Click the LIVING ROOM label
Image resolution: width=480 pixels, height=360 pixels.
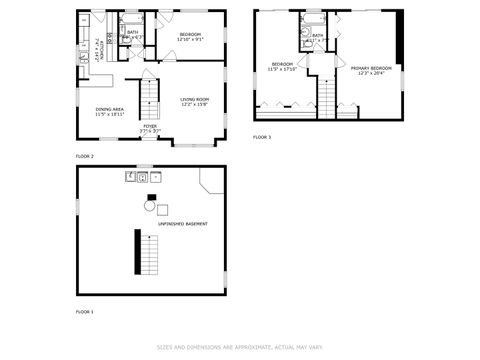(x=194, y=100)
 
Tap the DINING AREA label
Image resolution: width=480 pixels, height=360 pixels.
(x=109, y=109)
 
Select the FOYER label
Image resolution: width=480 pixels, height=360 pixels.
(x=149, y=127)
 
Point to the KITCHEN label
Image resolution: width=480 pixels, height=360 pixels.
(x=97, y=47)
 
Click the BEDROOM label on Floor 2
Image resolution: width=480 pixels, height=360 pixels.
(x=191, y=35)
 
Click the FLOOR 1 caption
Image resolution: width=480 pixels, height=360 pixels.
(x=85, y=312)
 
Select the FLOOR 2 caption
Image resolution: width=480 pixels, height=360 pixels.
(x=85, y=157)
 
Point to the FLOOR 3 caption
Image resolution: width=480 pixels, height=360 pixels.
(x=261, y=137)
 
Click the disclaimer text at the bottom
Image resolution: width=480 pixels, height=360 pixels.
(x=239, y=347)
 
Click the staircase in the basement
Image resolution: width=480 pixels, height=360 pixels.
(x=139, y=252)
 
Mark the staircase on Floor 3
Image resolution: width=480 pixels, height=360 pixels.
(x=325, y=96)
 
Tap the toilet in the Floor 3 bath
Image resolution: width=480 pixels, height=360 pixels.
(x=303, y=42)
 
